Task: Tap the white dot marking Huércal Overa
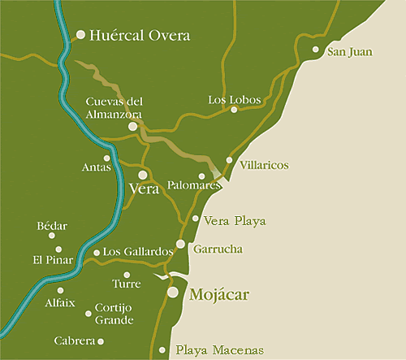point(80,35)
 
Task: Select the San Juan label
point(349,53)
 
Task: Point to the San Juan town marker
point(316,50)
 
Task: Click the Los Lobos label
point(235,100)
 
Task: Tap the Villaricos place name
point(265,165)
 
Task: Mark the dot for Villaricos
point(230,160)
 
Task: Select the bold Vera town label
point(144,189)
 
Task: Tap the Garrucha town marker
point(180,244)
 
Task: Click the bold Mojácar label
point(218,293)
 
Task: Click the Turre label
point(127,284)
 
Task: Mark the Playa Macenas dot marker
point(163,351)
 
